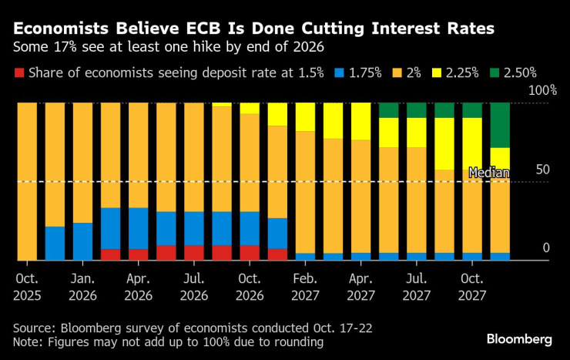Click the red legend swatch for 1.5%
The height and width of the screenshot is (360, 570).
[18, 73]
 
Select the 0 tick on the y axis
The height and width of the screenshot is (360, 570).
[545, 247]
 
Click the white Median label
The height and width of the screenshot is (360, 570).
[489, 173]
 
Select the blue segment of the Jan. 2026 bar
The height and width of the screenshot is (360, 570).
[82, 241]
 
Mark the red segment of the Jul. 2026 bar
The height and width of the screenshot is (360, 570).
[194, 253]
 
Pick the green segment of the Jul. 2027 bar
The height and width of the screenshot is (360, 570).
[417, 109]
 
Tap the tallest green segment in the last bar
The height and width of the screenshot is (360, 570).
[500, 124]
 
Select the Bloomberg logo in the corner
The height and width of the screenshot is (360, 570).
[519, 339]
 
